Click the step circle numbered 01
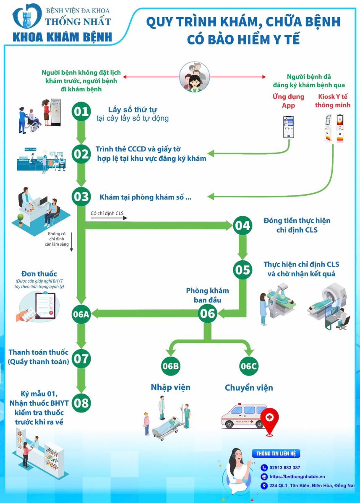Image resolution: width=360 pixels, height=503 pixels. [81, 111]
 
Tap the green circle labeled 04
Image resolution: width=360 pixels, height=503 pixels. [243, 226]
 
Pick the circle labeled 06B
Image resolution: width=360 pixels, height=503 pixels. [171, 366]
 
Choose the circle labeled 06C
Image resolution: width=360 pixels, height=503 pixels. [248, 366]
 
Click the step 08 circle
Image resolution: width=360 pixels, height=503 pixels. [81, 403]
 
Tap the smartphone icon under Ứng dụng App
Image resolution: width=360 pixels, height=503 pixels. [288, 127]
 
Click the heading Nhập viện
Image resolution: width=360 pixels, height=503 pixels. [170, 386]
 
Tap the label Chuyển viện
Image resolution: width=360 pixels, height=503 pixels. [249, 387]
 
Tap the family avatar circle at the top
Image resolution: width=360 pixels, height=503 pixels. [194, 77]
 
